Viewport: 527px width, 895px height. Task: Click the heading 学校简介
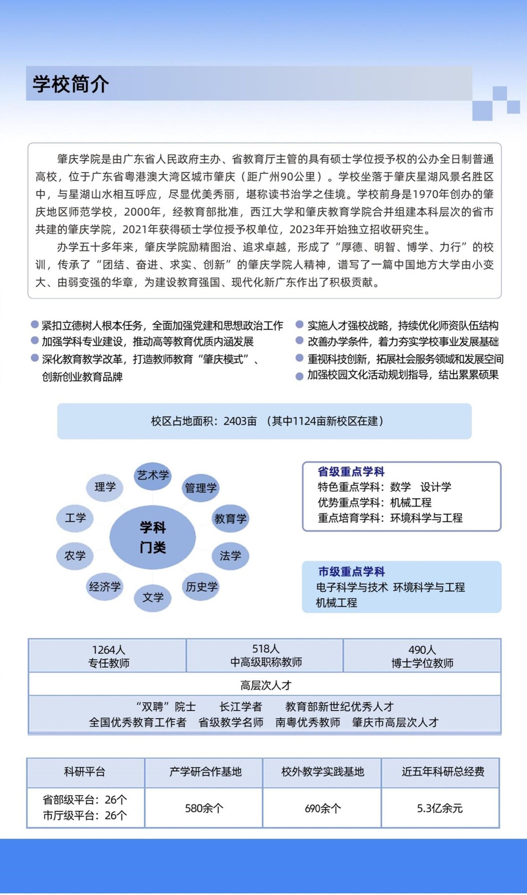point(70,84)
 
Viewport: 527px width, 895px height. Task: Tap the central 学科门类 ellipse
point(152,537)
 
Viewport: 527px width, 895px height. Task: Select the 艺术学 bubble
point(153,475)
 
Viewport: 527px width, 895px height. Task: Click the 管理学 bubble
point(201,488)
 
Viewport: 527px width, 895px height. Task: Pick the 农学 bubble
point(75,556)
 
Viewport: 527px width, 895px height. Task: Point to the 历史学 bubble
point(201,587)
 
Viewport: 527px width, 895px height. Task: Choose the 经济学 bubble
point(105,587)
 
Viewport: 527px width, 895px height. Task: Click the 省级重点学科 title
point(351,472)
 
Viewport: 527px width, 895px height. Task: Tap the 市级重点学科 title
point(351,571)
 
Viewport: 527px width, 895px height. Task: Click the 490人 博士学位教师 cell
point(422,656)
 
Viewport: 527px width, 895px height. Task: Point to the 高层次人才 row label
point(265,685)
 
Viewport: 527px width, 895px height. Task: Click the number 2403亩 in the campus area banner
point(240,421)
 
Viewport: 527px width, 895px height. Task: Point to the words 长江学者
point(241,707)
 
